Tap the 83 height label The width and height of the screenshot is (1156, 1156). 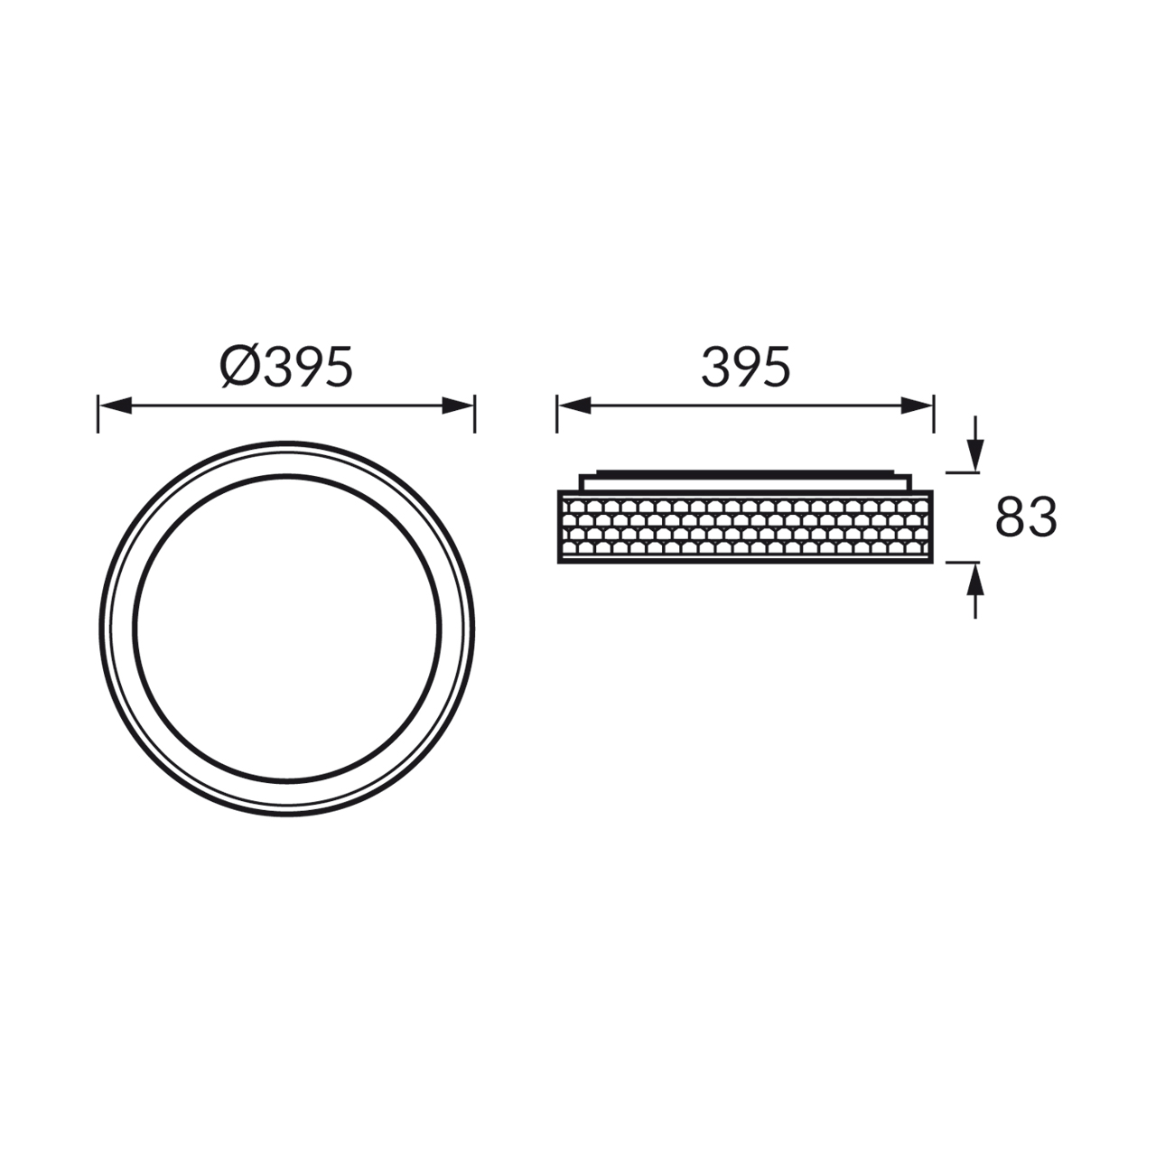coord(1026,517)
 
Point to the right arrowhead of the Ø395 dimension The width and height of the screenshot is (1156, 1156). coord(458,406)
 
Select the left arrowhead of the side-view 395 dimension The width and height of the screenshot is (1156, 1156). coord(574,406)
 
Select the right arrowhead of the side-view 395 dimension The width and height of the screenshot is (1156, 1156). coord(917,406)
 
